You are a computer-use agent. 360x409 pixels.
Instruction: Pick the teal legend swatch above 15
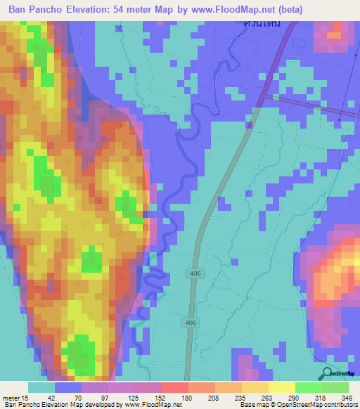click(x=41, y=387)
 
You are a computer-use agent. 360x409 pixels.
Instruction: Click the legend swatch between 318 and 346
click(x=335, y=387)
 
